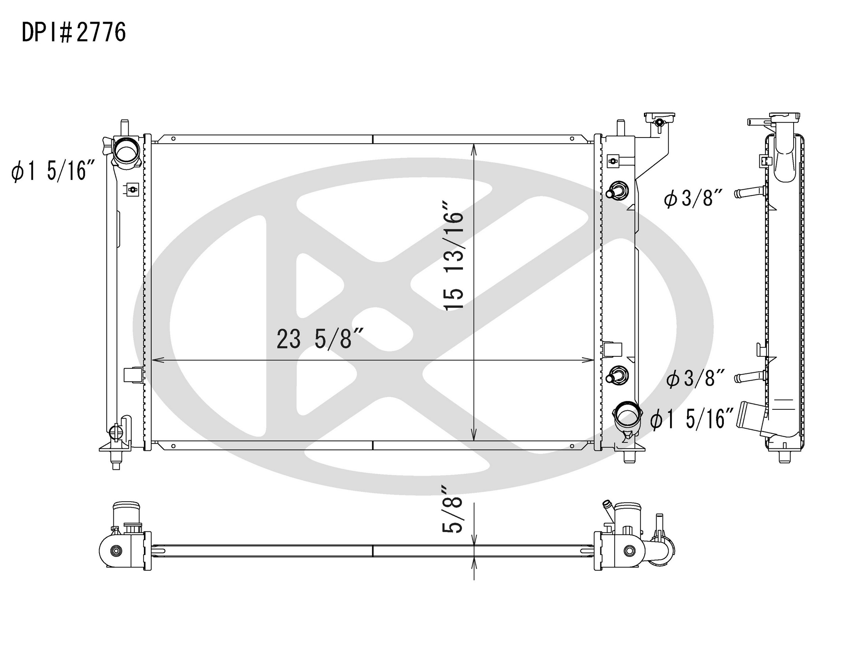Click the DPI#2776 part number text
click(73, 32)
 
